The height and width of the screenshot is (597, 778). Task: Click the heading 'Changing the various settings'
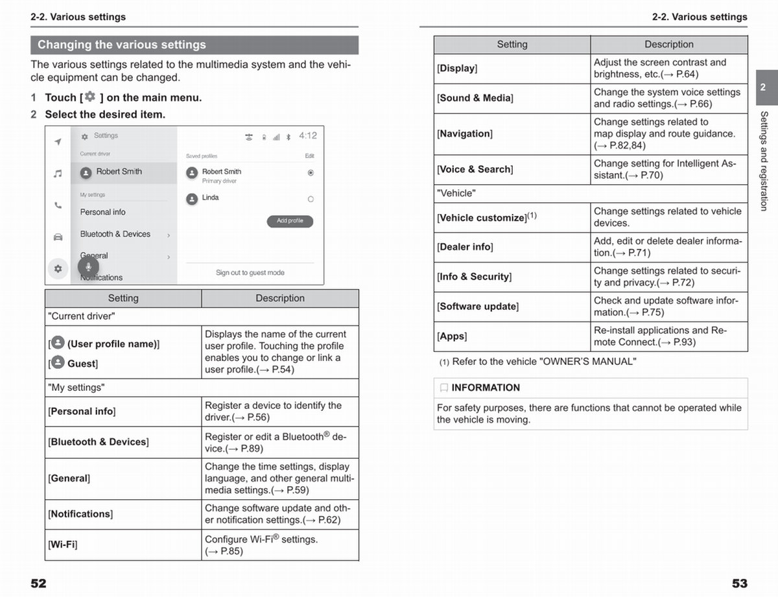122,45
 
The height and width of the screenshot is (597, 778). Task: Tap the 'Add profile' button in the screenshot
290,221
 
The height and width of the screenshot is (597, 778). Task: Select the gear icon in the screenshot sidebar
58,268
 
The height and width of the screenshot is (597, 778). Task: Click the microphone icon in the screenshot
88,266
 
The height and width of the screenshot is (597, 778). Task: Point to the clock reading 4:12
308,136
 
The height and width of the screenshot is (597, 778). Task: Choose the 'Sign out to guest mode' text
250,273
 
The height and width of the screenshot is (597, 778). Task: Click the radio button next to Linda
311,199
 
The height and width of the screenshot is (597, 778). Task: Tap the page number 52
39,583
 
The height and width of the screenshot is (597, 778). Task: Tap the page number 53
739,583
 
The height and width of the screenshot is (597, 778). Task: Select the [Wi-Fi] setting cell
62,544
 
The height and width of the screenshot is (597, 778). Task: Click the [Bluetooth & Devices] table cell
99,442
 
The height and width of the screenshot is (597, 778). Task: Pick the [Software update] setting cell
478,307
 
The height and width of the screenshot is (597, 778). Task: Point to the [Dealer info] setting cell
465,247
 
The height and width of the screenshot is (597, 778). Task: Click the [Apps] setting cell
452,336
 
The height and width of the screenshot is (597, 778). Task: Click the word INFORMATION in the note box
486,388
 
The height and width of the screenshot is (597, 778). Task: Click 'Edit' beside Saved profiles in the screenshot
310,156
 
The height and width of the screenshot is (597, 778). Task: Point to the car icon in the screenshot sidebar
58,237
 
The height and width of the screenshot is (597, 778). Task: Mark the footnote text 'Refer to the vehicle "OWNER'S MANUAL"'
543,362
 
